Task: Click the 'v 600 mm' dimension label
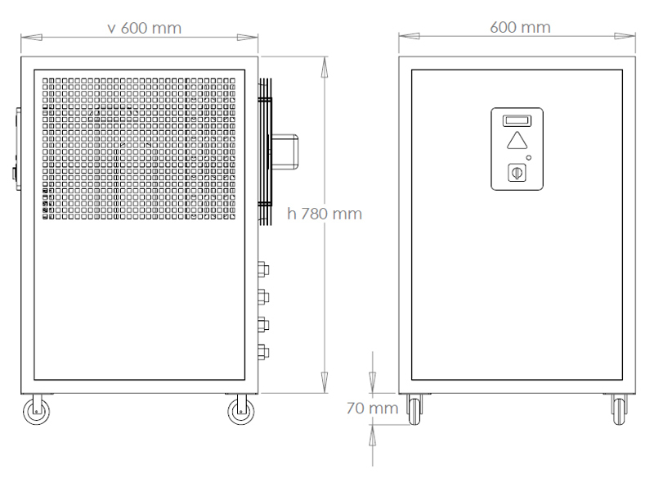click(145, 29)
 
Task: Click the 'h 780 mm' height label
click(325, 214)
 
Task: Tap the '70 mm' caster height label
click(372, 409)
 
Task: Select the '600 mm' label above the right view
click(520, 28)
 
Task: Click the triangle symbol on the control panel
click(517, 141)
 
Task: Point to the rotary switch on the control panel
click(517, 173)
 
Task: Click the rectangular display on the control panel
click(517, 121)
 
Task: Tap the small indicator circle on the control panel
click(529, 157)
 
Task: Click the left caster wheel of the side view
click(36, 411)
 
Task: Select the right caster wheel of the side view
click(241, 411)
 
